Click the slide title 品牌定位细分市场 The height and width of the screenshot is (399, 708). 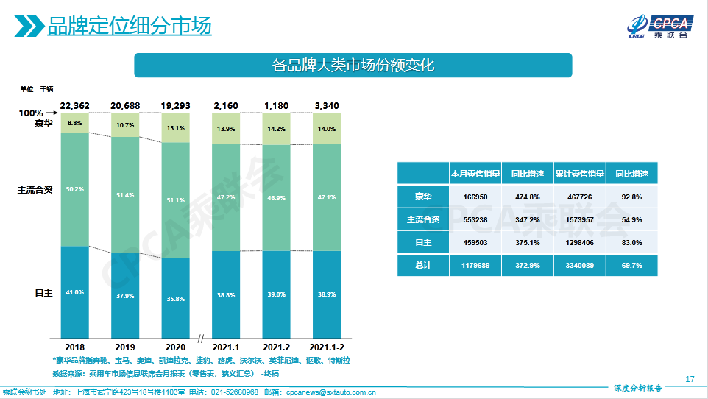(x=130, y=27)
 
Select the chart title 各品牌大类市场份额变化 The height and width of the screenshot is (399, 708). (x=353, y=65)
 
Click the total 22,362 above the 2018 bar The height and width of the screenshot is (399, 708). (x=75, y=106)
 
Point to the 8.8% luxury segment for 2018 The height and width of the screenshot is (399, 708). (x=75, y=123)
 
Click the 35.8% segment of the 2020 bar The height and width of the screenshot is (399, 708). (x=175, y=299)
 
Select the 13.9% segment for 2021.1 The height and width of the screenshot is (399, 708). (x=226, y=129)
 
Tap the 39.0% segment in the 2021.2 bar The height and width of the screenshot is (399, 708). (x=276, y=294)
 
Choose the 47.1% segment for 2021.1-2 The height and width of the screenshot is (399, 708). (x=326, y=197)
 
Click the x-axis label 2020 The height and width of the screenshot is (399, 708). (x=175, y=346)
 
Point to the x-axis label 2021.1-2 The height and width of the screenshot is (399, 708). (x=326, y=346)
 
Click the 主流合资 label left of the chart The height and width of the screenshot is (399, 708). (x=35, y=189)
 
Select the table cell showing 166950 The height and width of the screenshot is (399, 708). (x=475, y=197)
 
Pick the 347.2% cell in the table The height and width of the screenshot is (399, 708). (x=527, y=219)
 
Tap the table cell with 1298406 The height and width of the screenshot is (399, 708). (x=579, y=242)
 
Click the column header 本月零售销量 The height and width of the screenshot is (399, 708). (x=475, y=174)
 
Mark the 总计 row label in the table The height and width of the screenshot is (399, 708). (x=423, y=265)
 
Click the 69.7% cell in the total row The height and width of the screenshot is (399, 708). (x=631, y=265)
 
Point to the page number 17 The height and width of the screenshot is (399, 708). (x=690, y=379)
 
